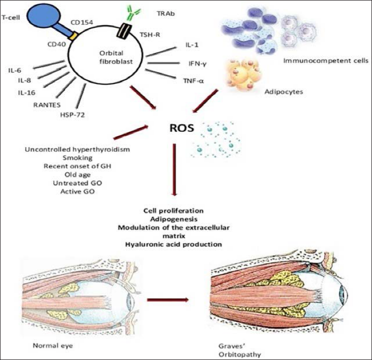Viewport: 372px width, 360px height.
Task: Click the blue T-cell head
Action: [44, 15]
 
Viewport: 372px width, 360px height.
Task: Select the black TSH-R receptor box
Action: [123, 30]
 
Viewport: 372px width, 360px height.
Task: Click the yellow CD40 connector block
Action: [73, 36]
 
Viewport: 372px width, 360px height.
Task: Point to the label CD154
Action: [82, 23]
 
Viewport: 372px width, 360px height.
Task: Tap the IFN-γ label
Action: [197, 64]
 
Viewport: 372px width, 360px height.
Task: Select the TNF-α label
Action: [193, 81]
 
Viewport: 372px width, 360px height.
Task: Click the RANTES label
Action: [47, 105]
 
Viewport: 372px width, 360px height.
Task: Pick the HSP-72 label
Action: [72, 115]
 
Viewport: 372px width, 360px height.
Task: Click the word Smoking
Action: [77, 158]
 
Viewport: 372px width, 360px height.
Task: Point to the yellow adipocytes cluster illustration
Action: [243, 75]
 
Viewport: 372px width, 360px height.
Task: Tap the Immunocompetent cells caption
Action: [326, 61]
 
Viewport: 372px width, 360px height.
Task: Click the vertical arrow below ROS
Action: [175, 170]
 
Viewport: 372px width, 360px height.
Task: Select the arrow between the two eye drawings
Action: [168, 300]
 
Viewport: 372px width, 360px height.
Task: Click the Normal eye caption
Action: [53, 345]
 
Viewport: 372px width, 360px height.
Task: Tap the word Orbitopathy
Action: [239, 355]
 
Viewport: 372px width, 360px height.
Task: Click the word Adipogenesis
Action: [174, 219]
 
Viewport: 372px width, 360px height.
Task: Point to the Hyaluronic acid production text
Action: [174, 244]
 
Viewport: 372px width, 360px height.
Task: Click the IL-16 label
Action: [26, 93]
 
